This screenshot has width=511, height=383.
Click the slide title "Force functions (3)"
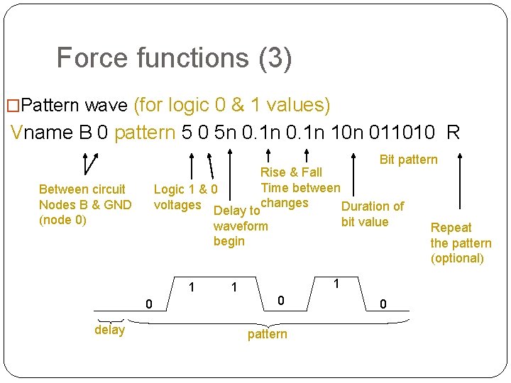(x=174, y=58)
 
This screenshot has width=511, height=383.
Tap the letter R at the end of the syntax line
(x=454, y=133)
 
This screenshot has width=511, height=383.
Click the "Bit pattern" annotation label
(x=408, y=160)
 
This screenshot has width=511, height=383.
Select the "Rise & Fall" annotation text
(x=291, y=172)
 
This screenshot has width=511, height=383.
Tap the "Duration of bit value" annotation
(x=372, y=214)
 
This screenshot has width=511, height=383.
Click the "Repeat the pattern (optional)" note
(x=460, y=243)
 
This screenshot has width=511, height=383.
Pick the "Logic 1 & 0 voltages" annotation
(x=185, y=197)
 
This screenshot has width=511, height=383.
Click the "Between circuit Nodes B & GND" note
(x=84, y=197)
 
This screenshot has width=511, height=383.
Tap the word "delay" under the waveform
(x=109, y=330)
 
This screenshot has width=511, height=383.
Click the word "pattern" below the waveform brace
(x=267, y=334)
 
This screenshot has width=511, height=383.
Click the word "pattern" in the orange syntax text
(x=145, y=133)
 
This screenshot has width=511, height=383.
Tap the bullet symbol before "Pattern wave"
(x=12, y=106)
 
